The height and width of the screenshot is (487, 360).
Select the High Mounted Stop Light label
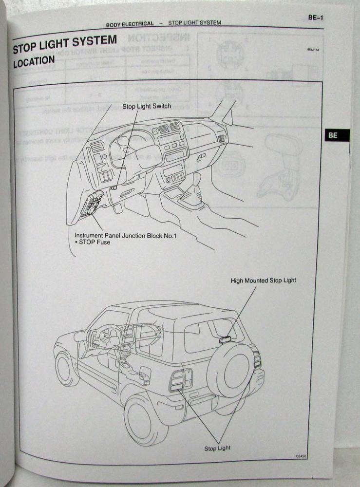coord(263,280)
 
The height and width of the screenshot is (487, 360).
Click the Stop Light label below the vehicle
coord(217,448)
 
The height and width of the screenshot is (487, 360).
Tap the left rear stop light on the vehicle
coord(176,381)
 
